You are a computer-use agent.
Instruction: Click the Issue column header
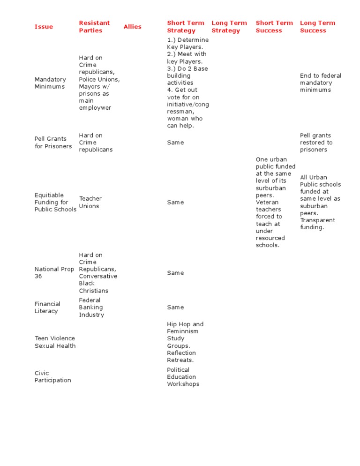[x=44, y=27]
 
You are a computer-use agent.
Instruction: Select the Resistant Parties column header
[x=94, y=27]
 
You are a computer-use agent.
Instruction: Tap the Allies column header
[x=132, y=27]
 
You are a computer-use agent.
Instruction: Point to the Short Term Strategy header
[x=186, y=27]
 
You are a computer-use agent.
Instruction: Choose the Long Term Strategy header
[x=229, y=27]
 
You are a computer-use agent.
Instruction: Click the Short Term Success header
[x=274, y=27]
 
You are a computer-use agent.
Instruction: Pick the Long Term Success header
[x=317, y=27]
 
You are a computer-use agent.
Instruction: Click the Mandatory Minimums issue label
[x=50, y=83]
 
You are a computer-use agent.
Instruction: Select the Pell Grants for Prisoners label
[x=53, y=143]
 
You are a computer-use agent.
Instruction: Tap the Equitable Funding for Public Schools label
[x=55, y=202]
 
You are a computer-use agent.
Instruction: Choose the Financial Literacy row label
[x=47, y=308]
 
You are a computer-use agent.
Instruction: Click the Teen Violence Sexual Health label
[x=55, y=342]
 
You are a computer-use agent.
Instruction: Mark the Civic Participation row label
[x=52, y=376]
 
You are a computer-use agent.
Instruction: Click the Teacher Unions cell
[x=90, y=202]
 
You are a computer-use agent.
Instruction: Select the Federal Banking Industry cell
[x=91, y=308]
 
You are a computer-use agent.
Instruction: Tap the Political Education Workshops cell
[x=183, y=377]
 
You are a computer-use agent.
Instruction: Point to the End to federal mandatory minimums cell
[x=321, y=83]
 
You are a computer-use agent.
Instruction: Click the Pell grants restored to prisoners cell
[x=316, y=143]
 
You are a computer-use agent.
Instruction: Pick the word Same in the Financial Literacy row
[x=175, y=308]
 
